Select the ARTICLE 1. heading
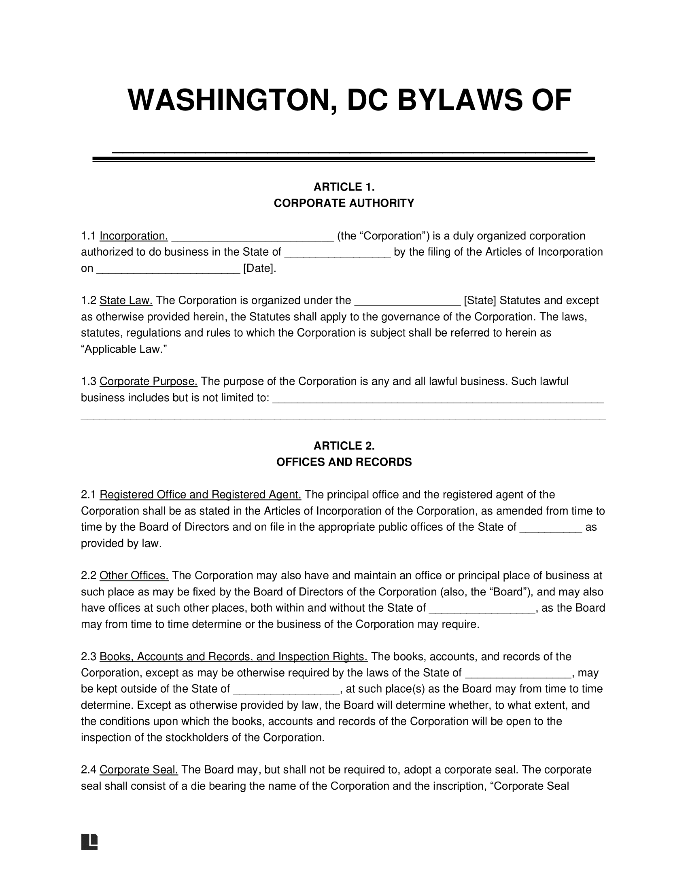coord(344,187)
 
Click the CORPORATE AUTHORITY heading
coord(344,203)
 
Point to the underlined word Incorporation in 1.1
coord(134,236)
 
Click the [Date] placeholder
coord(259,269)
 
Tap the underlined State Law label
coord(126,301)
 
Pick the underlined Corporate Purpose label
coord(149,381)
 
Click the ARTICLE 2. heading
coord(344,446)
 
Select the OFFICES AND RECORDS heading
coord(344,462)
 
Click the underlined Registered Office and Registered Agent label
coord(200,495)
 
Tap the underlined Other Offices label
coord(134,575)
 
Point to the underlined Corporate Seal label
coord(138,769)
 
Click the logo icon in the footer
coord(89,842)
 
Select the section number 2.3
coord(88,657)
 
